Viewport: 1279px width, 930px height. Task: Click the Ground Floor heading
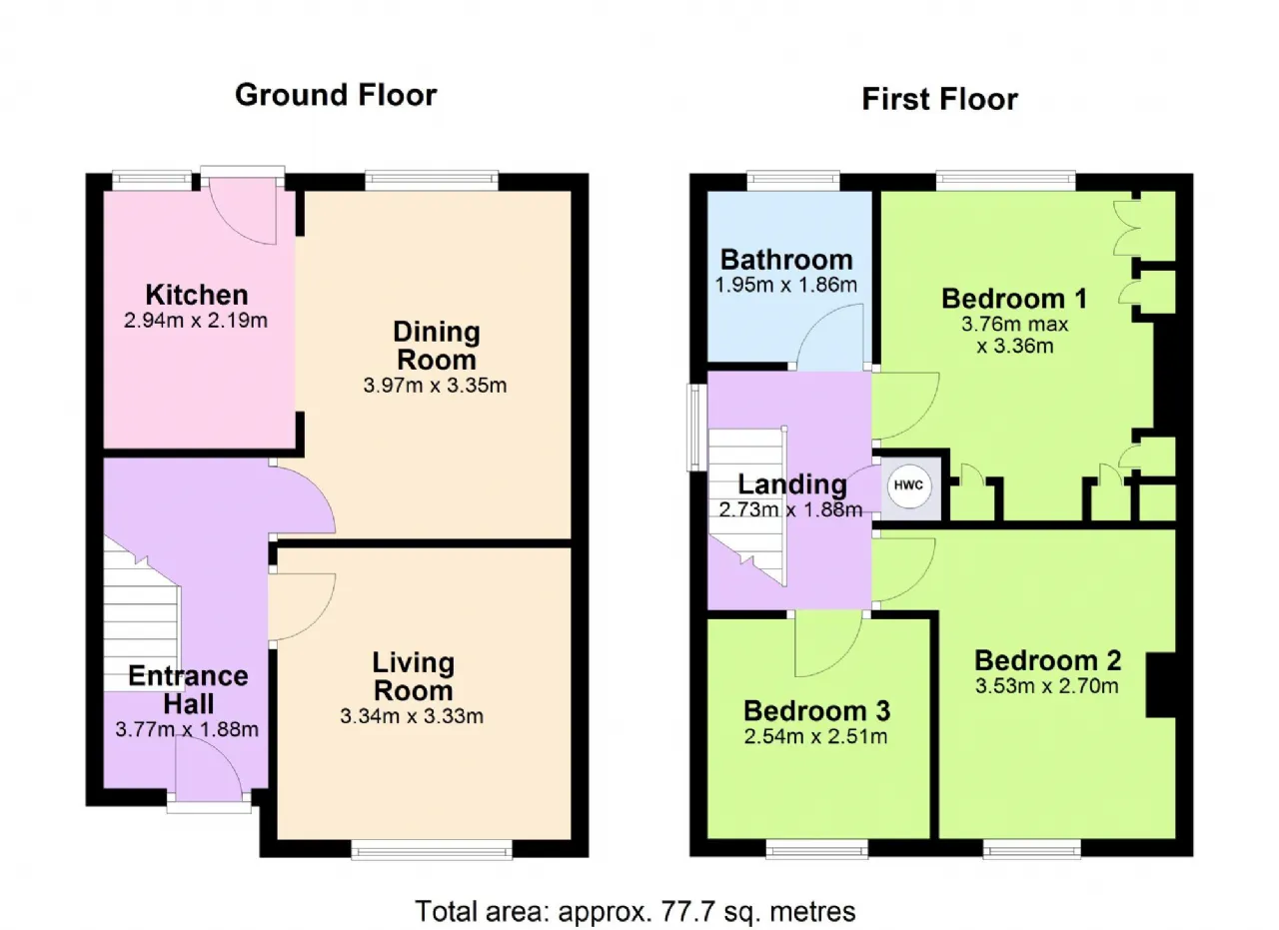[x=336, y=95]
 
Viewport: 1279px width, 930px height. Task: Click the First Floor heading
[x=940, y=99]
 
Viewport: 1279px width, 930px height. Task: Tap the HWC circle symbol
[x=908, y=485]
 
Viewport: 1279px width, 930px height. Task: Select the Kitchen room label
[x=197, y=295]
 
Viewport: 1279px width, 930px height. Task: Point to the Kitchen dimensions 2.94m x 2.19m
[x=196, y=321]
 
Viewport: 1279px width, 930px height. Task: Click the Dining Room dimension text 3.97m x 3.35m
[x=435, y=386]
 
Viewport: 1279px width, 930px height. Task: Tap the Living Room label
[x=414, y=676]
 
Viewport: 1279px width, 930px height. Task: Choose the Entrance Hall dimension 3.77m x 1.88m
[x=187, y=729]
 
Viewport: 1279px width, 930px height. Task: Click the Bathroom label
[x=786, y=260]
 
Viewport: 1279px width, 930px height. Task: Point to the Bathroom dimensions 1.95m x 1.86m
[x=786, y=285]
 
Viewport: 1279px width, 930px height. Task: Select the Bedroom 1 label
[x=1014, y=299]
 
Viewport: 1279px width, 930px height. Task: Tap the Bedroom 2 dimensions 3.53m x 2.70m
[x=1046, y=685]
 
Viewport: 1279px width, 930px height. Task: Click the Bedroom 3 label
[x=816, y=711]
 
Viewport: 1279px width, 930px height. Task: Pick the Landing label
[x=792, y=484]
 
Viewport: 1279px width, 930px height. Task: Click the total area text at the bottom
[x=635, y=912]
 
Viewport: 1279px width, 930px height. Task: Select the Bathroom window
[x=793, y=182]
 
